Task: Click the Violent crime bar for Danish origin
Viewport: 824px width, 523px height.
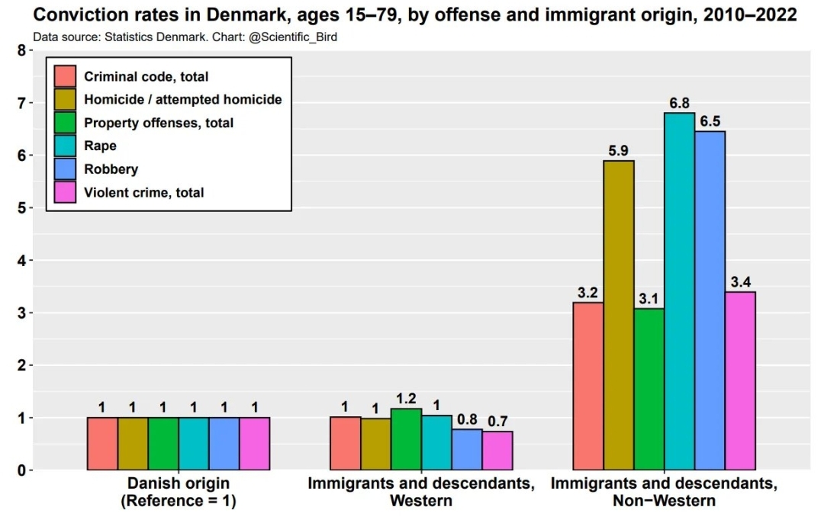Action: pos(255,444)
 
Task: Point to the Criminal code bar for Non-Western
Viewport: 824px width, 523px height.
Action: pos(588,386)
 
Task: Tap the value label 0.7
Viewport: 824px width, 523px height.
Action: pos(497,421)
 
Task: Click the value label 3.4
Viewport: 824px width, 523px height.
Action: pos(740,282)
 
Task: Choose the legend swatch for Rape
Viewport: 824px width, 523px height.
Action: pos(66,146)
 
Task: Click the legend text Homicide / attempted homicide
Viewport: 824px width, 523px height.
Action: pos(183,99)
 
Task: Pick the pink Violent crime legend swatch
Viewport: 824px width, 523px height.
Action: pos(66,192)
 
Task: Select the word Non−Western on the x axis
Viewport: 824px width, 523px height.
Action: pos(664,501)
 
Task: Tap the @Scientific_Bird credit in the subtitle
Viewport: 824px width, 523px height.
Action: pos(293,37)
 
